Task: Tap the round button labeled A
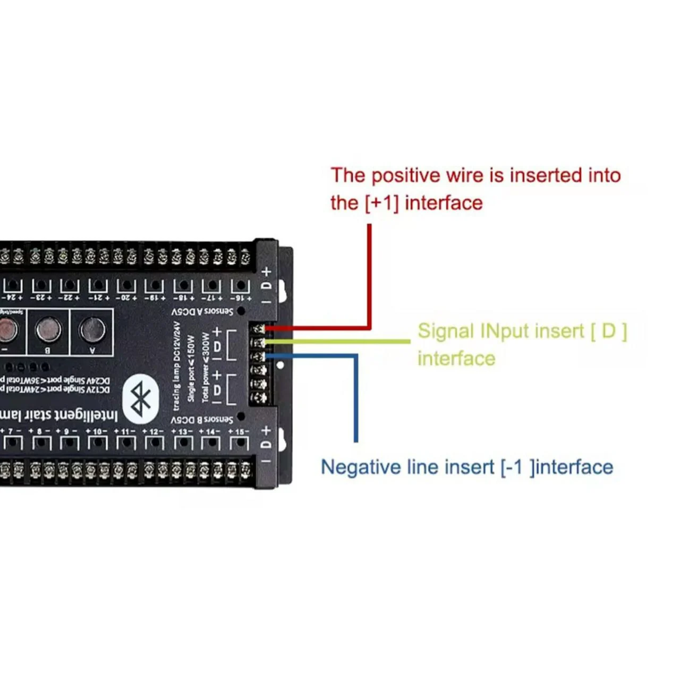(92, 330)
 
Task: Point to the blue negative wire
(355, 398)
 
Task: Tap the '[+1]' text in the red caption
(381, 203)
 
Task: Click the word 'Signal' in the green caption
(445, 331)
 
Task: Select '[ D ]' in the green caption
(609, 331)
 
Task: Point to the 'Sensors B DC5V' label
(202, 420)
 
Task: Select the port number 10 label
(97, 431)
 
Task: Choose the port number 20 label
(126, 299)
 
